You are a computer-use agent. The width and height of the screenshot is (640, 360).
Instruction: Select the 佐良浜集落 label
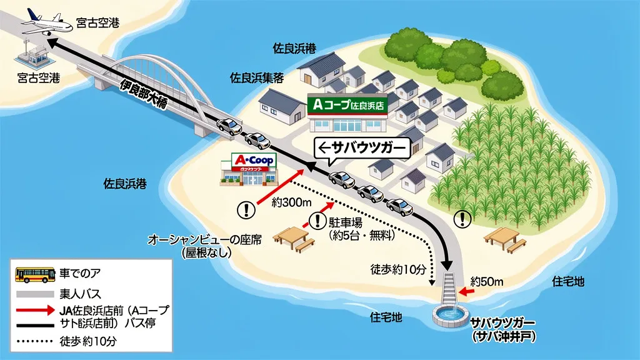(x=257, y=78)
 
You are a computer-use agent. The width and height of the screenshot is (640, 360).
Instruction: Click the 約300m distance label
(x=291, y=202)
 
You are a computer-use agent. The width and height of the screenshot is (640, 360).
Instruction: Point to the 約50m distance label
(x=487, y=282)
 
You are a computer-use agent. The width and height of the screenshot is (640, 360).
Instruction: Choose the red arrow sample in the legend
(x=34, y=309)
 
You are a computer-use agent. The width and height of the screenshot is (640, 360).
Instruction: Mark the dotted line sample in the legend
(x=34, y=342)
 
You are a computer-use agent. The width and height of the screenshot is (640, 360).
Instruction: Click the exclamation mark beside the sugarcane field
(x=462, y=218)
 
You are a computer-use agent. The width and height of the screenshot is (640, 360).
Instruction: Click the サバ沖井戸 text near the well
(x=502, y=336)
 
